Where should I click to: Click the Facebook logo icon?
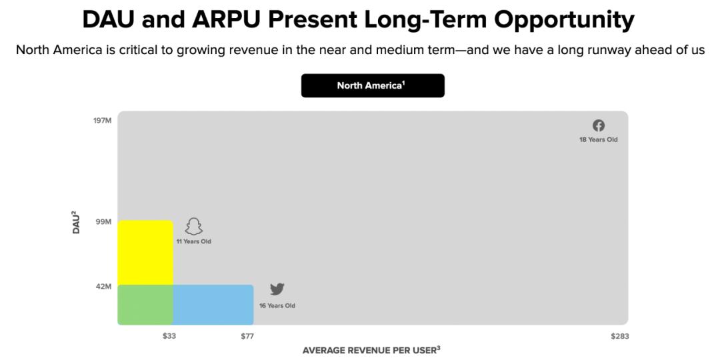(598, 125)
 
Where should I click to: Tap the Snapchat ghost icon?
(194, 227)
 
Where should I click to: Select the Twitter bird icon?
(277, 289)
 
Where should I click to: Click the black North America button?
(373, 85)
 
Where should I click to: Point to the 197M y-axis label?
(103, 121)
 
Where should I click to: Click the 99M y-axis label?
(103, 222)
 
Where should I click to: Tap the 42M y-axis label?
(103, 287)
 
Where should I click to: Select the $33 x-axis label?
(169, 336)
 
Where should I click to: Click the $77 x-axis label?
(247, 336)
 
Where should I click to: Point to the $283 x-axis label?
(620, 336)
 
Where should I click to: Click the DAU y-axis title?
(76, 222)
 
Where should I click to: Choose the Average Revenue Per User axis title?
(371, 351)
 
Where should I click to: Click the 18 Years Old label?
(598, 139)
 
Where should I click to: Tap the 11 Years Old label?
(194, 241)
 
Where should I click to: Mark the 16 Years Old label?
(277, 305)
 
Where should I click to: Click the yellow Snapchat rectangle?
(145, 253)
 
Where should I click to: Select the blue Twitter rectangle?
(213, 305)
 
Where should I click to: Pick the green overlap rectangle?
(145, 305)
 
